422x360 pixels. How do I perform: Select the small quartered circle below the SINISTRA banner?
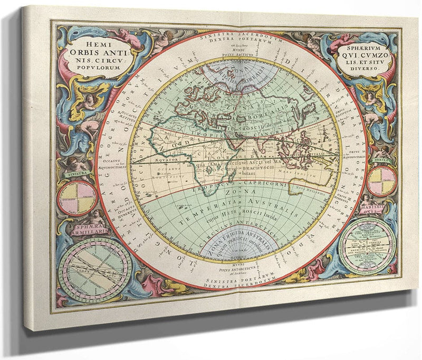point(76,198)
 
